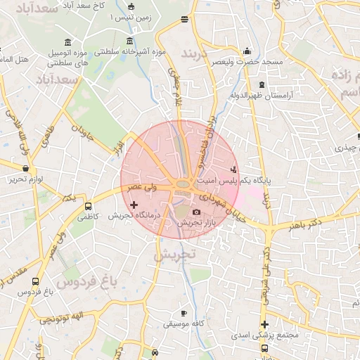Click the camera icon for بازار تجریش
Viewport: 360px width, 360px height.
pyautogui.click(x=196, y=212)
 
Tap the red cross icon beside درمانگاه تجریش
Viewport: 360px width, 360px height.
pyautogui.click(x=134, y=205)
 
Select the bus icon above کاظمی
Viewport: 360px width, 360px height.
pyautogui.click(x=88, y=207)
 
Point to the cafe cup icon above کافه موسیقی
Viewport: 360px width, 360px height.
pyautogui.click(x=184, y=313)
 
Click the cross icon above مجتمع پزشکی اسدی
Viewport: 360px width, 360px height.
pyautogui.click(x=264, y=324)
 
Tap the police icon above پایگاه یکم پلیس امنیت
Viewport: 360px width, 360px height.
pyautogui.click(x=233, y=169)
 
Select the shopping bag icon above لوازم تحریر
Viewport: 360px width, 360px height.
pyautogui.click(x=26, y=168)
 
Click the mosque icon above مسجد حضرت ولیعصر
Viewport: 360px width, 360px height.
pyautogui.click(x=246, y=51)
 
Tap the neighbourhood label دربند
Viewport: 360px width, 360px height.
pyautogui.click(x=196, y=53)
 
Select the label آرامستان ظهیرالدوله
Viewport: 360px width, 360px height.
pyautogui.click(x=264, y=94)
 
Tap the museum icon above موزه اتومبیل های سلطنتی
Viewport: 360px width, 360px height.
pyautogui.click(x=67, y=43)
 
